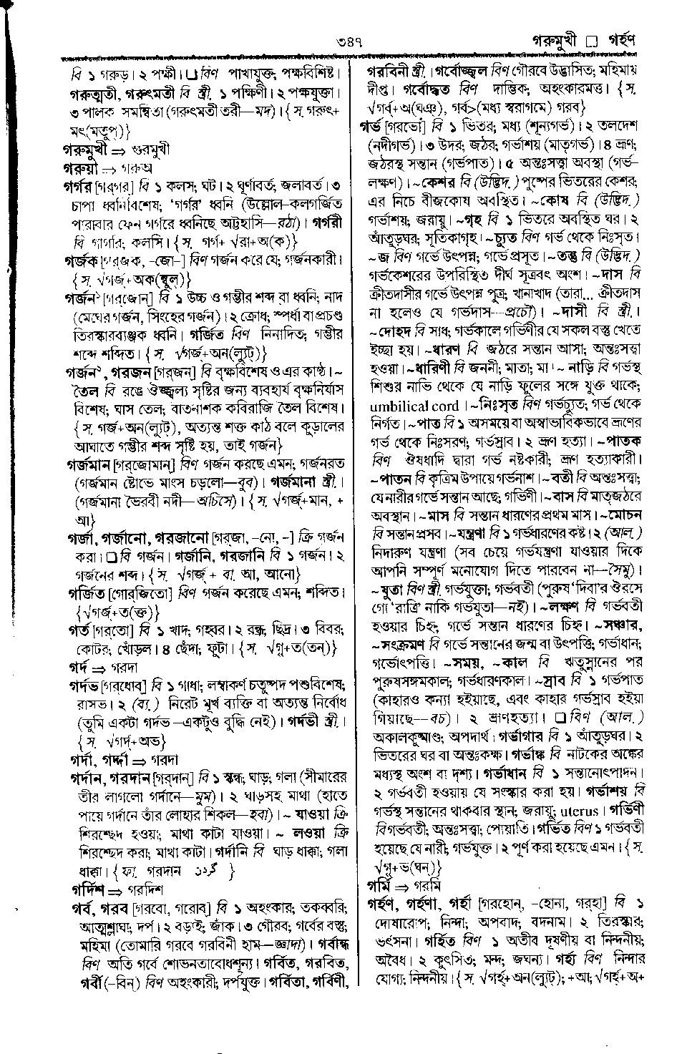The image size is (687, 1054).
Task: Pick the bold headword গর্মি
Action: point(379,885)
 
